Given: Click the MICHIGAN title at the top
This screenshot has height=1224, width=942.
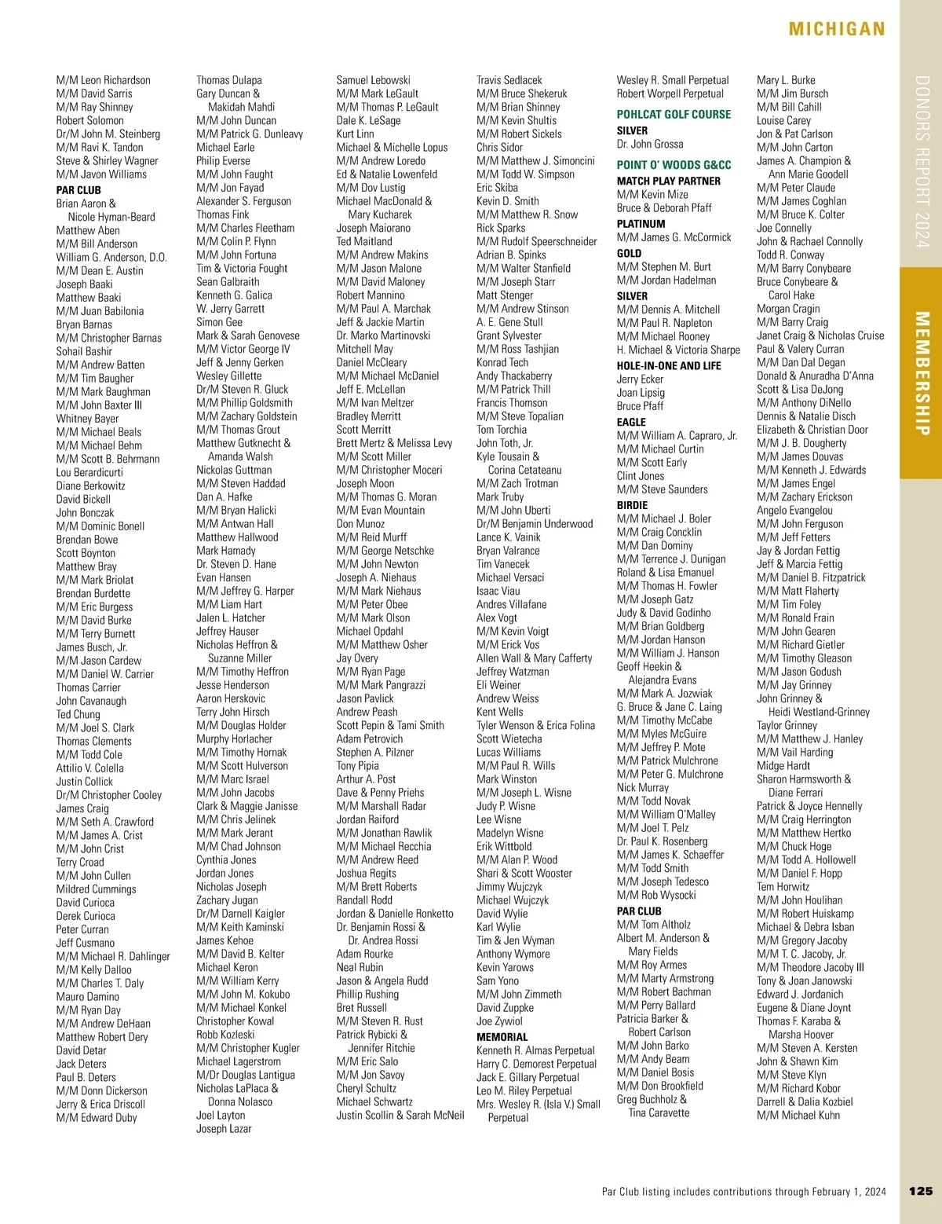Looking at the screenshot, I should click(x=837, y=30).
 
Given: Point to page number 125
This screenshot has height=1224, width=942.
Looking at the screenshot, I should click(x=921, y=1191).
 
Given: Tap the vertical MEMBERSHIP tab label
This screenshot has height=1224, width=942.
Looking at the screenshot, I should click(x=922, y=373).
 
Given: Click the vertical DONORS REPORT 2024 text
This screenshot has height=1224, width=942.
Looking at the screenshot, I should click(x=922, y=162).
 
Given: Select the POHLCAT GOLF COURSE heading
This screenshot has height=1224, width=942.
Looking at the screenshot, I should click(x=674, y=114).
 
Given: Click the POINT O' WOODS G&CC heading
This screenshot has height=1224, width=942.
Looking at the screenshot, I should click(x=674, y=165).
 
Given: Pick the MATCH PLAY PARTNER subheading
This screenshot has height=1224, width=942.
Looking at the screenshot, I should click(x=668, y=181).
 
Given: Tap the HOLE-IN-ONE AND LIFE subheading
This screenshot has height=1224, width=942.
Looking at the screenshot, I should click(x=668, y=365).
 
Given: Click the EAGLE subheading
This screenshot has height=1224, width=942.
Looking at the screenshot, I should click(x=631, y=422).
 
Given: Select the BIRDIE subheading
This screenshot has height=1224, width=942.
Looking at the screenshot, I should click(x=632, y=505).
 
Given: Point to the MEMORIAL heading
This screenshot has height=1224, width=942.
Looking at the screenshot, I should click(x=502, y=1037).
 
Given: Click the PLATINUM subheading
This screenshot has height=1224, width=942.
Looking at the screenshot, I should click(x=641, y=224).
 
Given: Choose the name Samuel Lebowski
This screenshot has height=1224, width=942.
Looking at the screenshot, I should click(x=373, y=80).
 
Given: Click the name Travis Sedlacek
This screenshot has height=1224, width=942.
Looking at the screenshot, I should click(x=509, y=80).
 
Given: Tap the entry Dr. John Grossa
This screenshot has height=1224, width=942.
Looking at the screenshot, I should click(x=650, y=145).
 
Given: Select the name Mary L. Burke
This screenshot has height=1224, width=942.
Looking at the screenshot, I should click(x=786, y=80).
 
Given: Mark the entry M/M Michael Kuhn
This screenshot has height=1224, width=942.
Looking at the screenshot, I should click(x=798, y=1115).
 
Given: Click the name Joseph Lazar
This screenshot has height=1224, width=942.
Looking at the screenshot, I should click(x=224, y=1128).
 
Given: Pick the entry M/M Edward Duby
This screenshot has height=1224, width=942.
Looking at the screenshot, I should click(x=97, y=1117).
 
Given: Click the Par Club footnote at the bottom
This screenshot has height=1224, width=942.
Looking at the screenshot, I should click(x=743, y=1192).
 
